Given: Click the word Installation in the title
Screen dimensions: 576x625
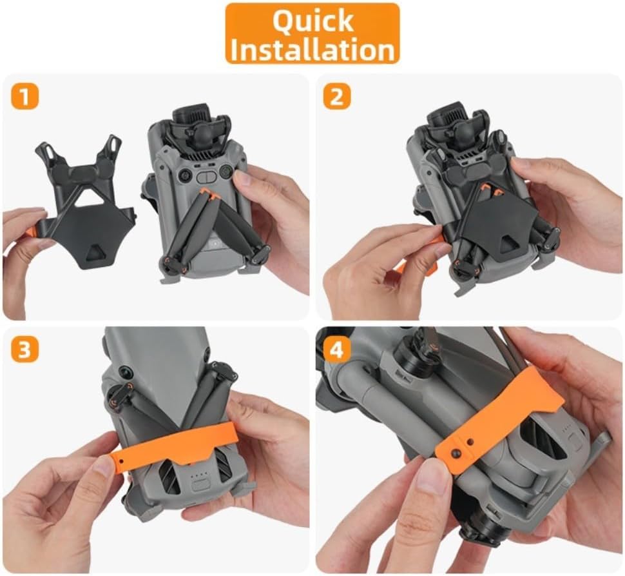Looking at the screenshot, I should pyautogui.click(x=312, y=48).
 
